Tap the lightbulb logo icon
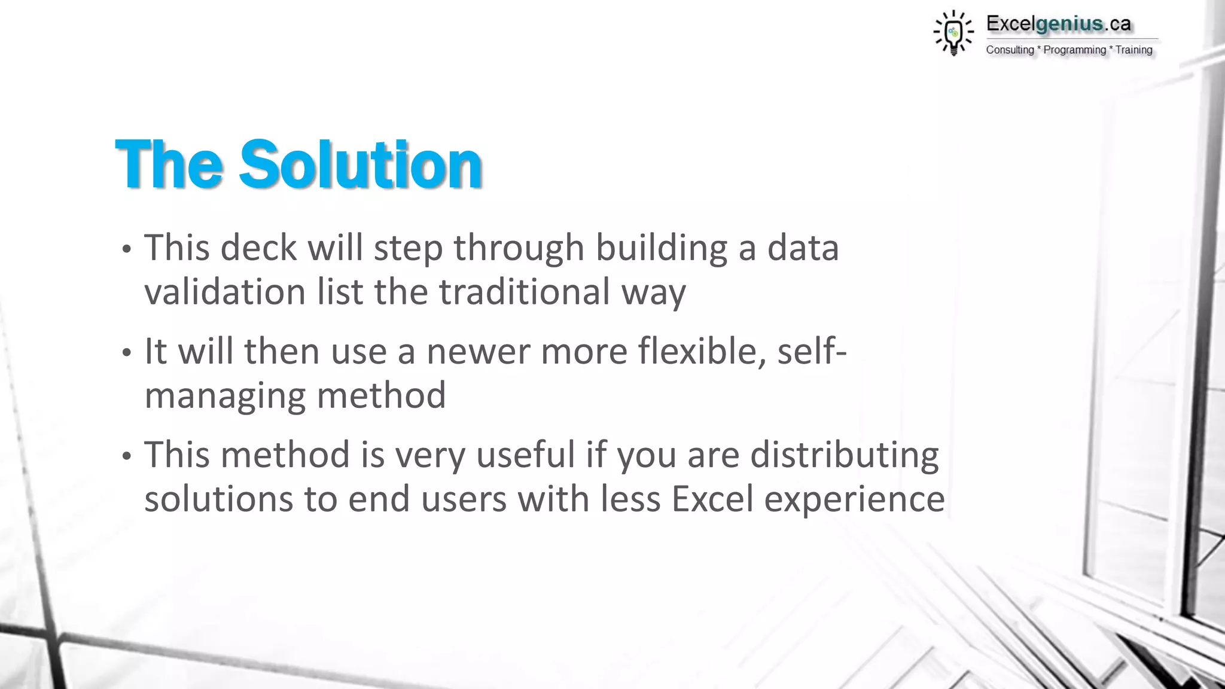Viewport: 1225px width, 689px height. click(x=953, y=33)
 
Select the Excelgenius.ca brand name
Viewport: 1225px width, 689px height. click(x=1058, y=24)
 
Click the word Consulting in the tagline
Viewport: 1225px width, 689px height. click(x=1010, y=50)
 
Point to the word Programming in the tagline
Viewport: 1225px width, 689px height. click(x=1074, y=50)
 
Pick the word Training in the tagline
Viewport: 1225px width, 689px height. click(x=1133, y=50)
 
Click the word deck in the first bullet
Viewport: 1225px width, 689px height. click(x=258, y=248)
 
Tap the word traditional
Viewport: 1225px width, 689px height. click(x=525, y=292)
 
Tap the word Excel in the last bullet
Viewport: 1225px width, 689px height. click(x=712, y=499)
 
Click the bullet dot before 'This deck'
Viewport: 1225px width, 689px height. click(x=126, y=250)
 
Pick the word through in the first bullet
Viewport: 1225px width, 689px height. click(x=519, y=249)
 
